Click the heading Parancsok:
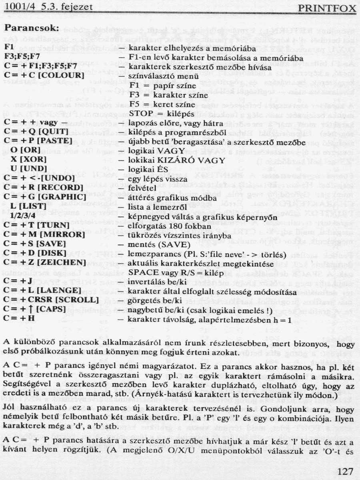[x=32, y=29]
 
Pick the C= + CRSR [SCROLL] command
[x=51, y=300]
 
